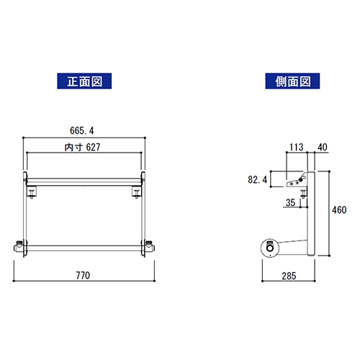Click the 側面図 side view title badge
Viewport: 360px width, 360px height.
[x=287, y=81]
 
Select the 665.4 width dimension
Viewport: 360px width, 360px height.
[x=84, y=130]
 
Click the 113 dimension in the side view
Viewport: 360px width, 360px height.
[x=295, y=148]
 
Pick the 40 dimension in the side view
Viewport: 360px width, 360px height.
[x=322, y=148]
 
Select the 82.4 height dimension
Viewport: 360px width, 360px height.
[x=257, y=179]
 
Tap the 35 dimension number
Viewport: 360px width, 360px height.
[x=290, y=203]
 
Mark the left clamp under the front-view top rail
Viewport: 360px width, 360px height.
[x=32, y=192]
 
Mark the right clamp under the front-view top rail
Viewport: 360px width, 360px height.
[x=137, y=192]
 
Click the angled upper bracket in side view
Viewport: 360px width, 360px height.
[x=296, y=181]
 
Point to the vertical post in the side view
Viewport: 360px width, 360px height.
[x=312, y=216]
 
